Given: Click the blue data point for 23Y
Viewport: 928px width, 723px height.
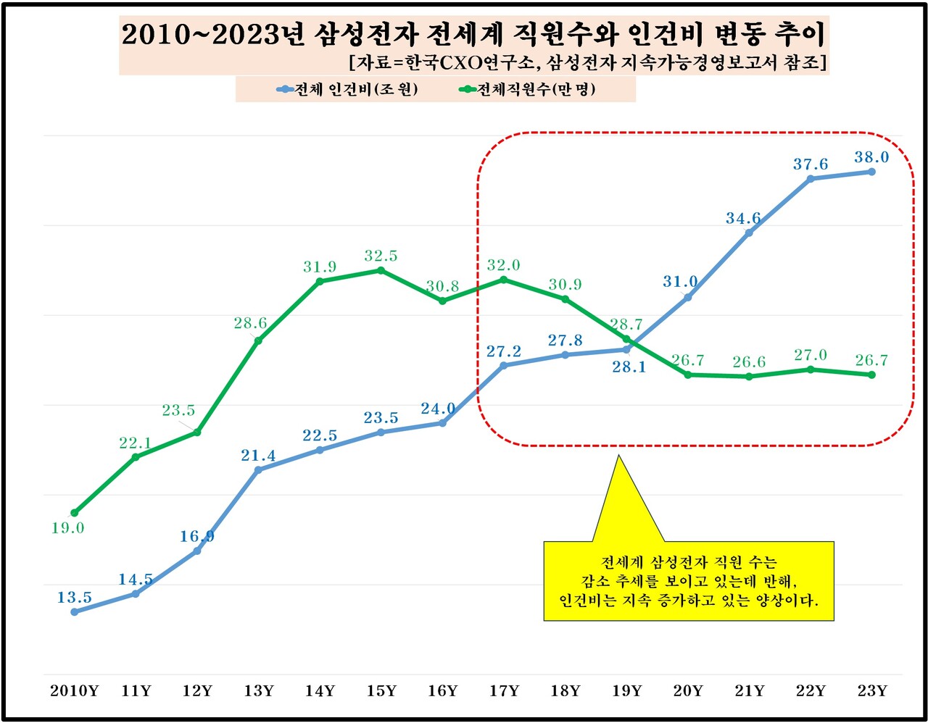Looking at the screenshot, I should tap(871, 172).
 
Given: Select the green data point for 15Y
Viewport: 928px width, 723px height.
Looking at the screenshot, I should tap(381, 270).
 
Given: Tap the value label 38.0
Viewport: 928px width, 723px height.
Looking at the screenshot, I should tap(871, 157).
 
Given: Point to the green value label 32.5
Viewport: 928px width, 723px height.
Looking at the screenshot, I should tap(381, 256).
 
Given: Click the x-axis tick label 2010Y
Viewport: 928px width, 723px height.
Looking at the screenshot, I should tap(74, 691).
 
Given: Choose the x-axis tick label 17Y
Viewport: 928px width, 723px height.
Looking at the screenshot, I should tap(504, 691).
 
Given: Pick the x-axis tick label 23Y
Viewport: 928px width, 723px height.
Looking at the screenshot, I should tap(871, 691).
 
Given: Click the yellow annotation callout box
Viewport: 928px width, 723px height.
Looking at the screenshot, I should tap(688, 581).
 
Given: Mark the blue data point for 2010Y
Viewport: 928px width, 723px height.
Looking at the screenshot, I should tap(74, 611).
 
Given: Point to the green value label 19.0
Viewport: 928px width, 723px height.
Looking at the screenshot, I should tap(67, 528).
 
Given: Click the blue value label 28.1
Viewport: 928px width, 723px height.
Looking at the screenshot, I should tap(629, 367).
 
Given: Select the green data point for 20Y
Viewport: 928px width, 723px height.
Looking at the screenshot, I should tap(687, 375).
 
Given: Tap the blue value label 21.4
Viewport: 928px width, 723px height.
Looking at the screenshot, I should tap(258, 456).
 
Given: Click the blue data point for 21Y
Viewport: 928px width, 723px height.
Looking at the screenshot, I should tap(749, 233).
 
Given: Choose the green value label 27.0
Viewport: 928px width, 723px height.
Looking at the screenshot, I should tap(810, 355).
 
